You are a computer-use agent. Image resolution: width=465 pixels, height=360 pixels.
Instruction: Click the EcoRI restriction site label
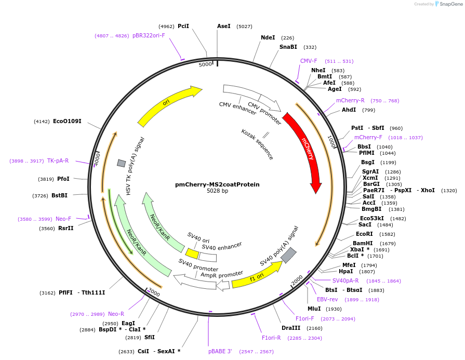pos(364,234)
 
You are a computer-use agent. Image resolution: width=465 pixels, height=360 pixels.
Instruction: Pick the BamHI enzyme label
pos(363,243)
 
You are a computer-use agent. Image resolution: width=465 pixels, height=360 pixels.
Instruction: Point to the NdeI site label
pos(268,37)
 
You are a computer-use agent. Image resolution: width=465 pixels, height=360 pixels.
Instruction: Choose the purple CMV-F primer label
pos(309,61)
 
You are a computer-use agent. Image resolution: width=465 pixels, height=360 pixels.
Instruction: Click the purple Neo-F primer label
pos(63,219)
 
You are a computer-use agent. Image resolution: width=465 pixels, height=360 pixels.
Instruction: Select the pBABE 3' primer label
pos(220,352)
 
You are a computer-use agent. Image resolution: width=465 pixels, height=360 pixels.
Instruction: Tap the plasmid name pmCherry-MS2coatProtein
pos(217,184)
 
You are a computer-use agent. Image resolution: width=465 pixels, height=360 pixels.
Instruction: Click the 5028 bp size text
pos(217,191)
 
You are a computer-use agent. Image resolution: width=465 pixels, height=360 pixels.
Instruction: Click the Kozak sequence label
pos(257,144)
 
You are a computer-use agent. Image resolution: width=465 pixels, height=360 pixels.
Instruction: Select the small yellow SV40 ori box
pos(192,254)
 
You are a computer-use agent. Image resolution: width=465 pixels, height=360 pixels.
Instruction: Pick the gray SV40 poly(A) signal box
pos(288,255)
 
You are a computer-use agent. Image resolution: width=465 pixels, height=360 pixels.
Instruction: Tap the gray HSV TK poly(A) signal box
pos(121,163)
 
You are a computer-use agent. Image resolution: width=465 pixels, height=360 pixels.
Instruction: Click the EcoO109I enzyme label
pos(67,121)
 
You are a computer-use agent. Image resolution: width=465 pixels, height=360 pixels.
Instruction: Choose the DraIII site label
pos(291,328)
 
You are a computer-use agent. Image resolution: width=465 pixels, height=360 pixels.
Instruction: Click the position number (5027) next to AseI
pos(244,26)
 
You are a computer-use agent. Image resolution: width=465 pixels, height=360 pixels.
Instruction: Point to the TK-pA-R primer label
pos(58,161)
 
